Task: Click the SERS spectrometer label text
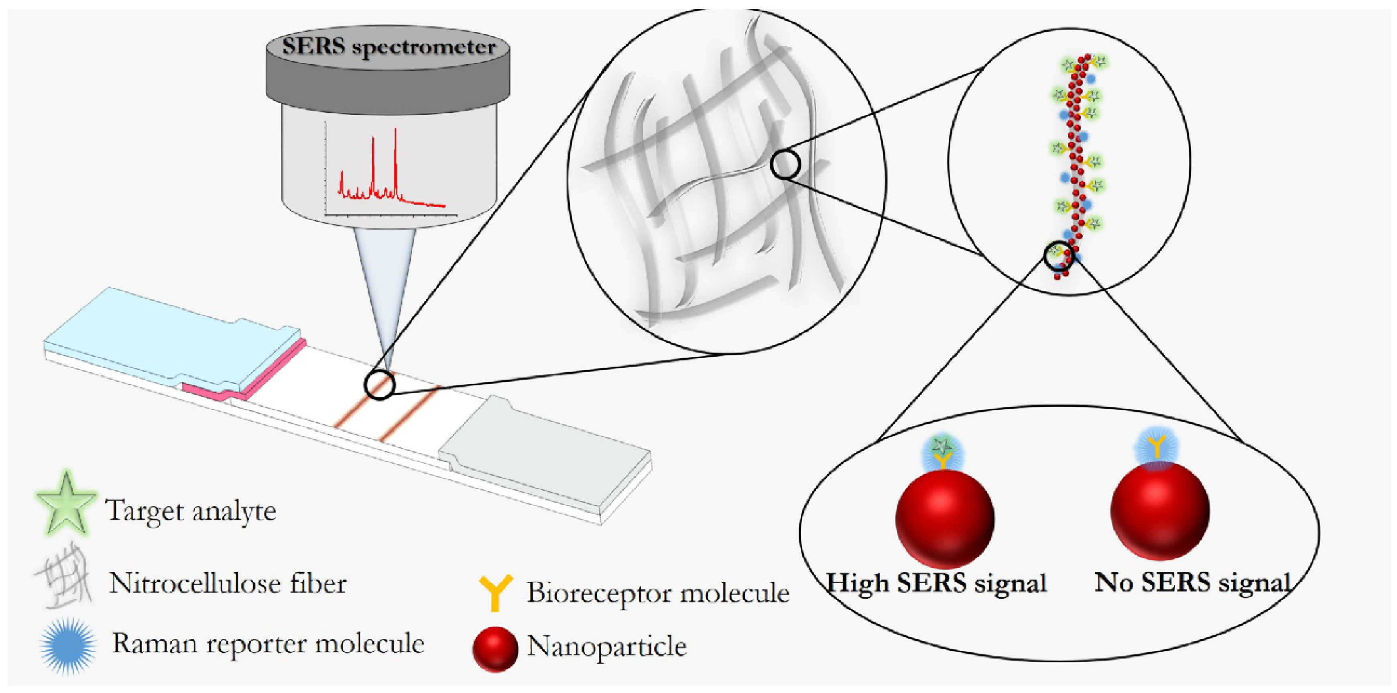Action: click(388, 46)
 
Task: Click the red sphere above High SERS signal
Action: click(944, 518)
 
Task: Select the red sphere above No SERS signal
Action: click(1159, 510)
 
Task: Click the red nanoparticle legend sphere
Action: click(494, 648)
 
